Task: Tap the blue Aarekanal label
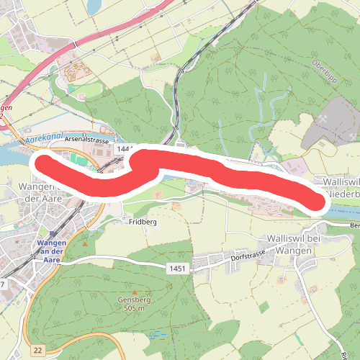(41, 134)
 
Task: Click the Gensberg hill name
(131, 299)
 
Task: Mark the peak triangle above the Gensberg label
(132, 290)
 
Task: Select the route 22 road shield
(38, 350)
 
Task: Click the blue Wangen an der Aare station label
(50, 251)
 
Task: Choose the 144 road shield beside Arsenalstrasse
(122, 148)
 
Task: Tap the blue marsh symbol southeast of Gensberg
(158, 335)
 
